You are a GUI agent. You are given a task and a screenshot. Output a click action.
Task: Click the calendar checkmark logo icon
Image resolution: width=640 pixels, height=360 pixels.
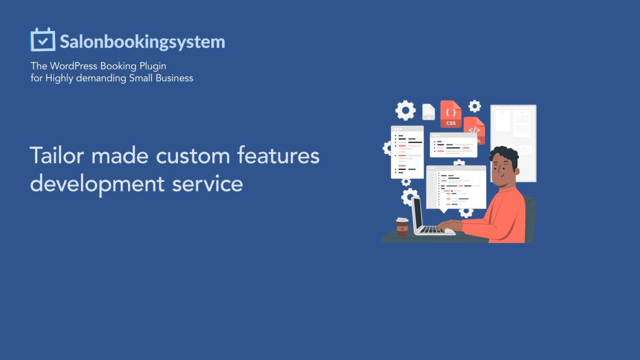pos(42,40)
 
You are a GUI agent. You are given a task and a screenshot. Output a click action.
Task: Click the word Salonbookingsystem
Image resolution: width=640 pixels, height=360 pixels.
pos(142,42)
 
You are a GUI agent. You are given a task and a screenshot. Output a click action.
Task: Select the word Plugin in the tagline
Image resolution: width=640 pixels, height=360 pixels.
pos(152,66)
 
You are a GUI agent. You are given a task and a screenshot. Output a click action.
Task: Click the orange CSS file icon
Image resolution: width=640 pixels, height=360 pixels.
pos(451,114)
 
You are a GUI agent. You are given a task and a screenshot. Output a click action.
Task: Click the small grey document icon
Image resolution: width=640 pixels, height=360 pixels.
pos(428,111)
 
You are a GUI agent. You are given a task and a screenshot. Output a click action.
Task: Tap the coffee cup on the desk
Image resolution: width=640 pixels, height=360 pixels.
pos(402,226)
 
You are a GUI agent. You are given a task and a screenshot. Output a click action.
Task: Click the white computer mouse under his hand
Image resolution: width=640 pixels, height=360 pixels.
pos(448,230)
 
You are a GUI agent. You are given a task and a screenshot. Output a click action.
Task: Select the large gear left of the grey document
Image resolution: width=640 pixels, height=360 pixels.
pos(405,110)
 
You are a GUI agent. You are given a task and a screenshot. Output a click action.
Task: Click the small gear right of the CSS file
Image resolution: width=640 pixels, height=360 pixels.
pos(474,106)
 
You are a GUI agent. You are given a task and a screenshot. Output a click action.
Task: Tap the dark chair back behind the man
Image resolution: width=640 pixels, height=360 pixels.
pos(531,218)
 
